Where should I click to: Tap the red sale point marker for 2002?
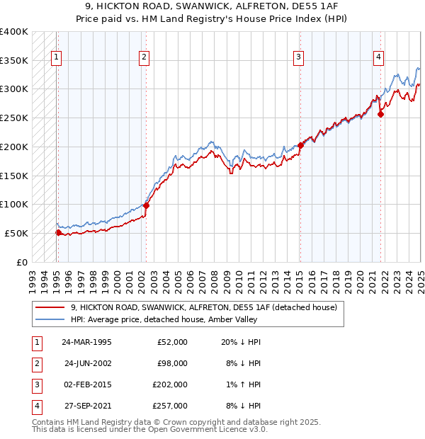[x=146, y=206]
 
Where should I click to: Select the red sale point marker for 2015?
[x=300, y=145]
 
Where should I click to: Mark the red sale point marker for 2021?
[x=381, y=113]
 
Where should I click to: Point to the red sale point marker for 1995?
[x=58, y=232]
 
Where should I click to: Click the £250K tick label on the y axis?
[x=14, y=118]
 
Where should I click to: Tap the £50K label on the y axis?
[x=17, y=233]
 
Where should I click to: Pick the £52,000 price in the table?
[x=172, y=342]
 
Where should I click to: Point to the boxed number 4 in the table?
[x=35, y=406]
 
